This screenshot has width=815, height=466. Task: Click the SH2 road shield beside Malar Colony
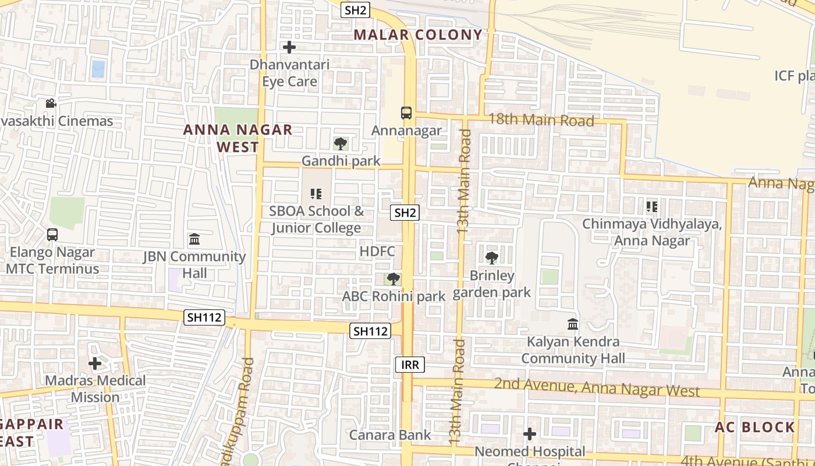point(356,10)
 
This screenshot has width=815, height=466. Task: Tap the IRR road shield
point(410,365)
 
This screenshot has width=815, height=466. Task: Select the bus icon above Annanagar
point(406,113)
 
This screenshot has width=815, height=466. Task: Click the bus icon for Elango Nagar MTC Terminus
point(52,235)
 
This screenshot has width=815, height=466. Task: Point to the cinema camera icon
point(51,104)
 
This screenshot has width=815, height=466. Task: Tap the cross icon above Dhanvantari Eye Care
point(289,47)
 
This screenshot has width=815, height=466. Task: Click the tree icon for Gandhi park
point(341,143)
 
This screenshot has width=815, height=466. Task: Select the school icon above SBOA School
point(316,193)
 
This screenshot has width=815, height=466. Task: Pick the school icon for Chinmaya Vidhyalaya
point(652,206)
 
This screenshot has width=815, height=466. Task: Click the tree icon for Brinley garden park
point(492,257)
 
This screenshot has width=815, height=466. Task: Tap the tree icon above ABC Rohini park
point(394,278)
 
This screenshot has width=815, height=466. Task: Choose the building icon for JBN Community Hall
point(194,239)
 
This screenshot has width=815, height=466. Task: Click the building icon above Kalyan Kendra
point(573,324)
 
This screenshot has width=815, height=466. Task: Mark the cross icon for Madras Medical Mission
point(95,363)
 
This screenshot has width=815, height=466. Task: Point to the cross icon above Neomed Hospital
point(530,434)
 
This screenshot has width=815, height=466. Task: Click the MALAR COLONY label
point(418,35)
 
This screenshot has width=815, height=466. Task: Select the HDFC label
point(377,252)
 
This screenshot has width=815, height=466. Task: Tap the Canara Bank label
point(390,435)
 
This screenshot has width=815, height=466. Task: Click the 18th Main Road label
point(541,121)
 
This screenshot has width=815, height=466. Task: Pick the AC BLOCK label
point(754,427)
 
